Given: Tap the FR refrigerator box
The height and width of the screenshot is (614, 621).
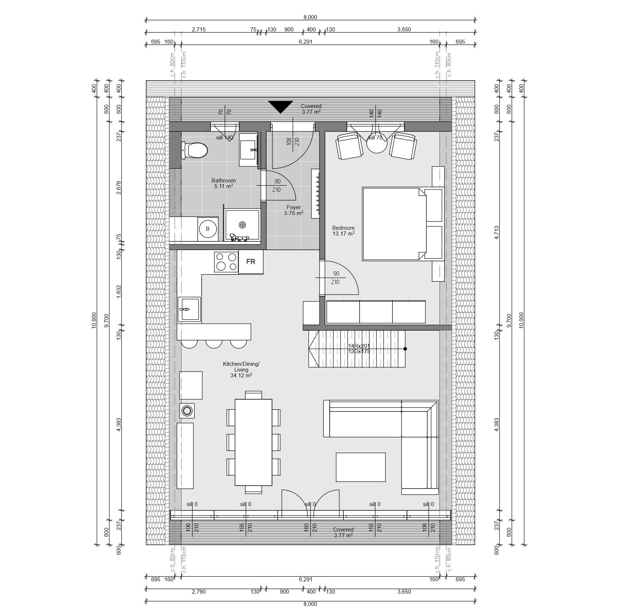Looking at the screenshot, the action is [251, 262].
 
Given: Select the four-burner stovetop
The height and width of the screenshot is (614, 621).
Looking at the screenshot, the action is [226, 262].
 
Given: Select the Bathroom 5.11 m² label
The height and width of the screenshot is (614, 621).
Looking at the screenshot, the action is [224, 183].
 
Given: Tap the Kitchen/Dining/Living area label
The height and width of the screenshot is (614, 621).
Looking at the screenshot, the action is [241, 369].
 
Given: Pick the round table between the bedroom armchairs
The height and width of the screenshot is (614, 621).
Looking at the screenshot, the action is [377, 143].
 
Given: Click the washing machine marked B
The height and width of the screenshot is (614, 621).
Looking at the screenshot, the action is [208, 229].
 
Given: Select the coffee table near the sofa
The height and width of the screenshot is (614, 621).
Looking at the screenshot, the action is [361, 467].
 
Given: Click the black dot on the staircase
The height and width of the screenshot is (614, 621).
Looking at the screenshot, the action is [405, 349].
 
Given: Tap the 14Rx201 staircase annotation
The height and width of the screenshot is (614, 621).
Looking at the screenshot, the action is [359, 346].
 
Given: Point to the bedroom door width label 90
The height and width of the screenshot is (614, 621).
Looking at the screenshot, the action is [336, 274].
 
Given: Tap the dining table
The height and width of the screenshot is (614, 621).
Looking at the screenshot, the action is [253, 442].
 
